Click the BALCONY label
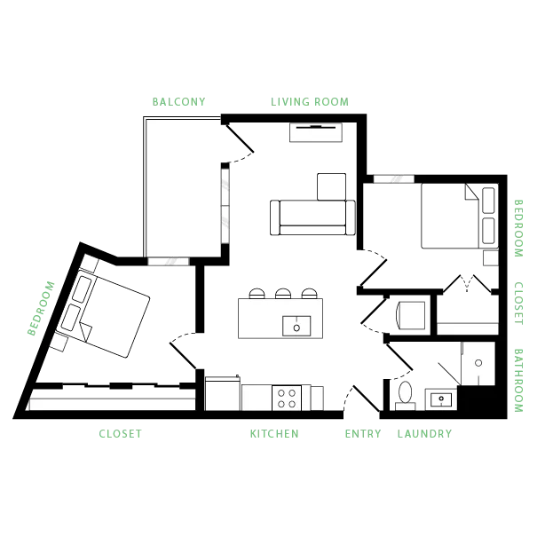point(178,102)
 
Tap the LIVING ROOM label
point(310,102)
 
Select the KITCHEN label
point(274,433)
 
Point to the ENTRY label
point(363,433)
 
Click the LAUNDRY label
point(424,433)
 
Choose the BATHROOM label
point(518,381)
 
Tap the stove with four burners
point(287,398)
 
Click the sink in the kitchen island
point(296,326)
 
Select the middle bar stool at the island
point(283,294)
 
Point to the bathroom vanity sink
point(441,399)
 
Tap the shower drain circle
point(478,363)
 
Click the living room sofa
point(312,217)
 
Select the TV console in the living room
point(316,132)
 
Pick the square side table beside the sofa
point(331,186)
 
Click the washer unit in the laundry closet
point(411,315)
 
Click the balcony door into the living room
point(240,138)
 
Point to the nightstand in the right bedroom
point(491,258)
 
